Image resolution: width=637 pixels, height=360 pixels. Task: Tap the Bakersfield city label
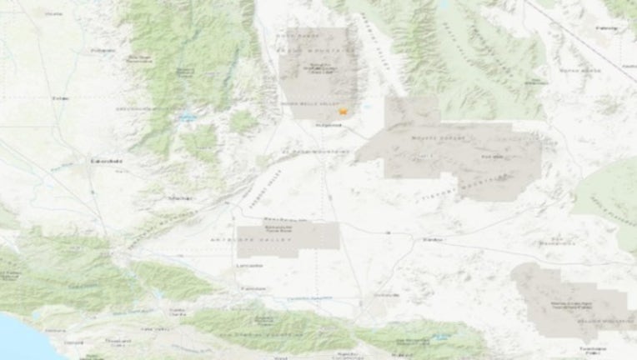coord(108,160)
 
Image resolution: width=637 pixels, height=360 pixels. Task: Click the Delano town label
coord(60,98)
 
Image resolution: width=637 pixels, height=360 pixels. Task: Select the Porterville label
coord(103,50)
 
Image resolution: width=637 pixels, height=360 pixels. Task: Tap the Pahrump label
coord(607,28)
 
